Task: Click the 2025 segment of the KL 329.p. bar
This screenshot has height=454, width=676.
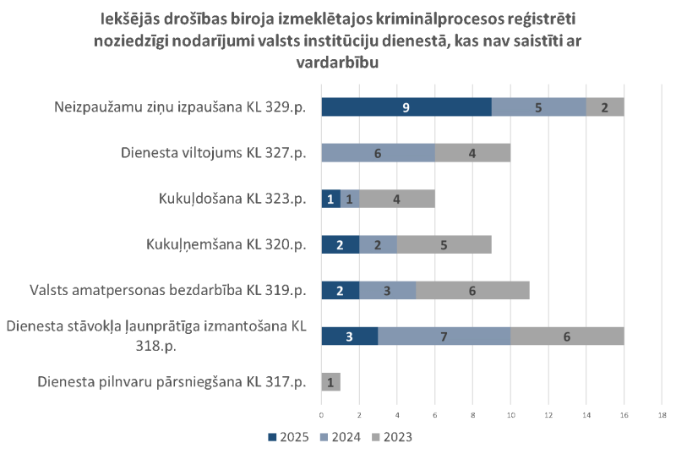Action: point(406,107)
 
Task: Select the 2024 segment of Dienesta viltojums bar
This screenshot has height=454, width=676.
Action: point(378,152)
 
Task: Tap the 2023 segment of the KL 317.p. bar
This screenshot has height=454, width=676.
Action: point(331,381)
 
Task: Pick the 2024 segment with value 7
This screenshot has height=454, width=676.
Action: point(444,336)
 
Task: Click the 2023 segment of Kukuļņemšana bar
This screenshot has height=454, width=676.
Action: point(444,244)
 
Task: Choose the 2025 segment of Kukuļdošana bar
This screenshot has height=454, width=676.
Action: point(331,198)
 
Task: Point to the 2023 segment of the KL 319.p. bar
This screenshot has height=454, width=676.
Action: point(472,290)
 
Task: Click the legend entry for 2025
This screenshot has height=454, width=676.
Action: point(288,437)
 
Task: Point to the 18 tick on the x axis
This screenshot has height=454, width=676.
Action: point(662,415)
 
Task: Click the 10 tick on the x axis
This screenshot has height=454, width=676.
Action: point(510,415)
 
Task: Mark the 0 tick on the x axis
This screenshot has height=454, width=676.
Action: point(322,415)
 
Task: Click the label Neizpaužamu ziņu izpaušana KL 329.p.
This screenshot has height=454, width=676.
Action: point(179,107)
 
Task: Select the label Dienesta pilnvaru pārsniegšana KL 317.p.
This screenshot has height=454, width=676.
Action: point(172,382)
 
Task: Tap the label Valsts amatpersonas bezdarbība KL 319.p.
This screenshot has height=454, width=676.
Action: point(166,290)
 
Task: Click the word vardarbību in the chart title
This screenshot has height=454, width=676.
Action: point(337,63)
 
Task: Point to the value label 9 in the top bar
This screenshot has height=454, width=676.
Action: point(406,107)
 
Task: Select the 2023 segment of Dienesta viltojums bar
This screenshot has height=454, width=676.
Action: point(472,152)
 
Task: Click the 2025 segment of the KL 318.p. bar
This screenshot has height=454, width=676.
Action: point(350,336)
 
